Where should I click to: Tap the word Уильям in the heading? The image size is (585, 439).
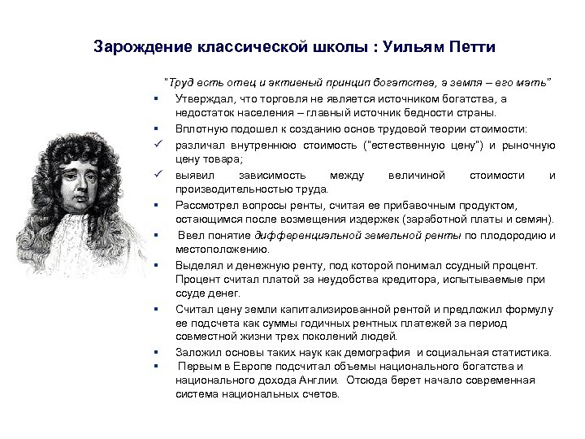412,45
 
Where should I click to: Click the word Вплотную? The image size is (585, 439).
197,128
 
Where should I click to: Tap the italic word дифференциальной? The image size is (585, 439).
305,236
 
